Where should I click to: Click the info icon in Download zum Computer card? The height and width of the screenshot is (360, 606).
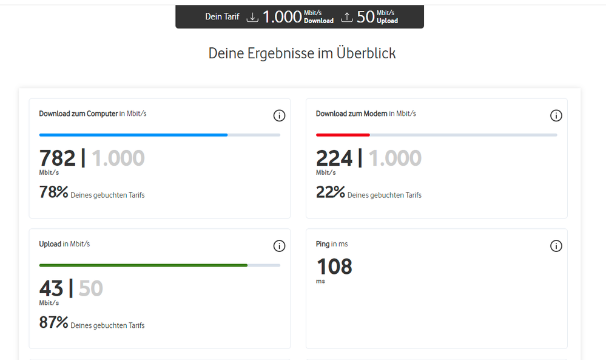tap(279, 115)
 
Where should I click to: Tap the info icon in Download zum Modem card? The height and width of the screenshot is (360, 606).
tap(556, 115)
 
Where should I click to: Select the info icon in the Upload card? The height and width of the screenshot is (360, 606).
tap(279, 246)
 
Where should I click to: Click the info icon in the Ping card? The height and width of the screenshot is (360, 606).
tap(556, 246)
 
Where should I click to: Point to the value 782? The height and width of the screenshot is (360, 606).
tap(57, 158)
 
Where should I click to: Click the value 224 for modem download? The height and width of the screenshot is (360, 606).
tap(334, 158)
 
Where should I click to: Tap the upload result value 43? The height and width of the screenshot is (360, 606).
tap(51, 288)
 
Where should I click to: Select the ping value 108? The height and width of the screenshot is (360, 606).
tap(334, 267)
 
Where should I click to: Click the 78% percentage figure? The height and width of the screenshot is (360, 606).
tap(53, 192)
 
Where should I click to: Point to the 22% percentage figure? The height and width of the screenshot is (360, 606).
tap(330, 192)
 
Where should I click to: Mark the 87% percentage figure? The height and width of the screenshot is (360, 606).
tap(53, 322)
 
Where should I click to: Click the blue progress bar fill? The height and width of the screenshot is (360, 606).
tap(133, 135)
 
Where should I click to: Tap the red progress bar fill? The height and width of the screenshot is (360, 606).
tap(343, 135)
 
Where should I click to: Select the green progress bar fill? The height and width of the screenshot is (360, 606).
tap(143, 265)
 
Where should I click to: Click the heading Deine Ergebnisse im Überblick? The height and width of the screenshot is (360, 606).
tap(302, 53)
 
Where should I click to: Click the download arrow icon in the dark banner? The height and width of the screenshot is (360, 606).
tap(252, 17)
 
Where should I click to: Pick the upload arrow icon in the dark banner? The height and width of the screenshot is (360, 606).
tap(346, 17)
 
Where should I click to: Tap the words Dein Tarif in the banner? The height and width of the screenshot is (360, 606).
tap(222, 17)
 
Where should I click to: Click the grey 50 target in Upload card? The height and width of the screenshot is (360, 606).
tap(91, 288)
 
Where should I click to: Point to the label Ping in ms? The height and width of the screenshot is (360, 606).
tap(332, 244)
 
